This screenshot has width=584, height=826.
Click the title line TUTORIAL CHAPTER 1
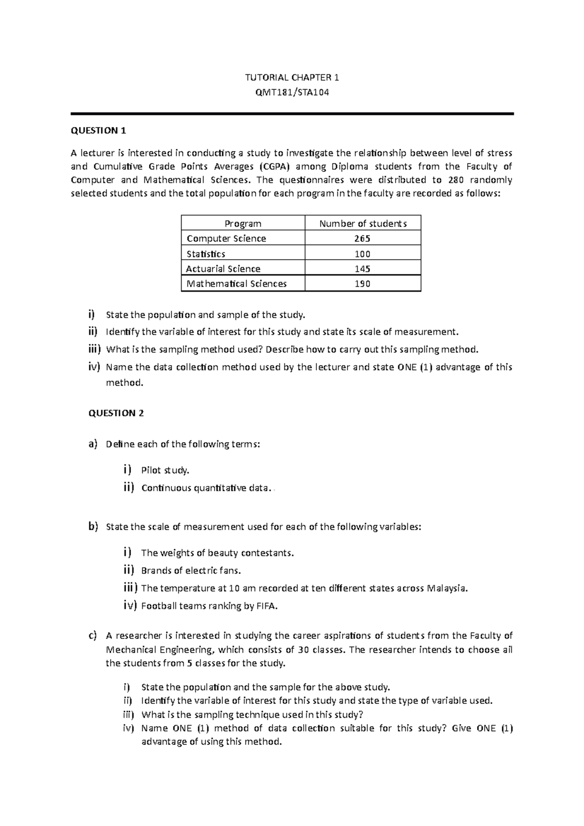coord(292,77)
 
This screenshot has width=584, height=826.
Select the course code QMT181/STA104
coord(292,92)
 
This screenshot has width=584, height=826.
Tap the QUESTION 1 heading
coord(98,130)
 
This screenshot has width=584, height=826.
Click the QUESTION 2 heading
coord(116,413)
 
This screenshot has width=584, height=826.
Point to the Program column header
coord(243,224)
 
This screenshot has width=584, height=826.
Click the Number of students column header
coord(363,224)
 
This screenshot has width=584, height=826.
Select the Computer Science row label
coord(226,238)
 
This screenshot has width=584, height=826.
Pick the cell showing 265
coord(363,238)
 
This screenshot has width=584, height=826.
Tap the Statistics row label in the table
coord(206,254)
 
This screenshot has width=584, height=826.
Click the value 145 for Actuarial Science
coord(363,269)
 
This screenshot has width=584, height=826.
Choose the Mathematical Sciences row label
coord(237,284)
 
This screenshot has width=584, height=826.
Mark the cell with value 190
coord(363,284)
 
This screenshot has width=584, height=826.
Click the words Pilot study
coord(165,470)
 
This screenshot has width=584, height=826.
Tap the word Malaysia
coord(447,588)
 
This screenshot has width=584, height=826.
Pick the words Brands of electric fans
coord(191,571)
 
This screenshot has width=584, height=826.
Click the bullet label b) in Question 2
coord(92,526)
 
